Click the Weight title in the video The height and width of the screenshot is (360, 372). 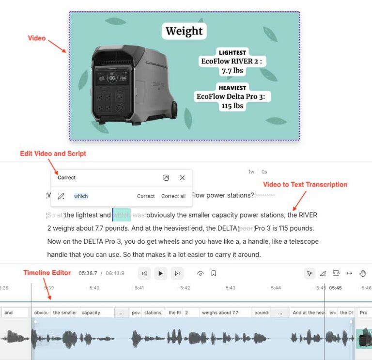coord(184,31)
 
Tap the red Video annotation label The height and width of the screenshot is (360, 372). coord(37,38)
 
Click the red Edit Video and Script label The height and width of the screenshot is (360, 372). coord(53,154)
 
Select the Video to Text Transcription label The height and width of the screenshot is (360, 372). coord(305,185)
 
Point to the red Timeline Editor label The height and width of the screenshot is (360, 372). coord(47,273)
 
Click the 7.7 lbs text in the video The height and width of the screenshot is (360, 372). coord(232,71)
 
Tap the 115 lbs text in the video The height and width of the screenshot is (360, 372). coord(232,106)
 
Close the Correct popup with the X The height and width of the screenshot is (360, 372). coord(182,178)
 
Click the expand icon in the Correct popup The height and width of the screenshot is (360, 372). coord(166,178)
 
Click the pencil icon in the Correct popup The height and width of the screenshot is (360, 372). coord(61,196)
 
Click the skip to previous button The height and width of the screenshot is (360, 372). coord(144,273)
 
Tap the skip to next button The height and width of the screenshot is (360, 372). coord(177,273)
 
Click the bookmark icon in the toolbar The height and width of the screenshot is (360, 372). coord(214,273)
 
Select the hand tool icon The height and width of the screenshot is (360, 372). coord(362,273)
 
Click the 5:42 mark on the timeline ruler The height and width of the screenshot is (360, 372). coord(185,288)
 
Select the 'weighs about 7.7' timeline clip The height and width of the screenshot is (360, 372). coord(220,313)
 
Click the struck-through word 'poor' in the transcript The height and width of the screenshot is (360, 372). coord(246,228)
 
